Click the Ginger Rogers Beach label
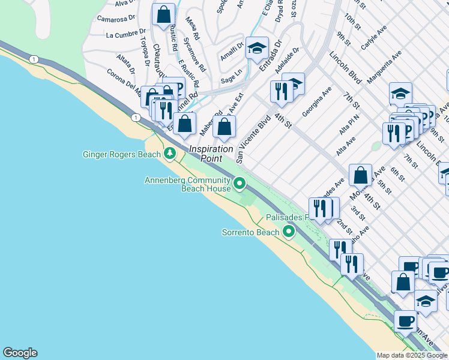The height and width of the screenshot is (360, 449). click(x=121, y=154)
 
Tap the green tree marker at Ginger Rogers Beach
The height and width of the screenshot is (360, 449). click(x=170, y=154)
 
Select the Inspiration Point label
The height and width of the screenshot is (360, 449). click(x=211, y=154)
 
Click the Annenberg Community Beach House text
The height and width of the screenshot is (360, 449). click(x=187, y=184)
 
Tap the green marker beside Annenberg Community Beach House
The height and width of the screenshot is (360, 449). click(x=240, y=183)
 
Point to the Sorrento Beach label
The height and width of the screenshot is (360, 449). click(x=250, y=232)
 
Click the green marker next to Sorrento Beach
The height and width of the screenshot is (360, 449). click(x=289, y=231)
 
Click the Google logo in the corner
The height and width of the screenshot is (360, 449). click(x=20, y=353)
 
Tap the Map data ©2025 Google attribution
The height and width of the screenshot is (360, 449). click(x=412, y=355)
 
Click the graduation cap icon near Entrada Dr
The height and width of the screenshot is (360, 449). click(x=257, y=48)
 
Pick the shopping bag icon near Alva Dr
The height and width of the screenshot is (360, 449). click(x=163, y=15)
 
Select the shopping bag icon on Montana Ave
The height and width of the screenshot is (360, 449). click(x=360, y=175)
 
